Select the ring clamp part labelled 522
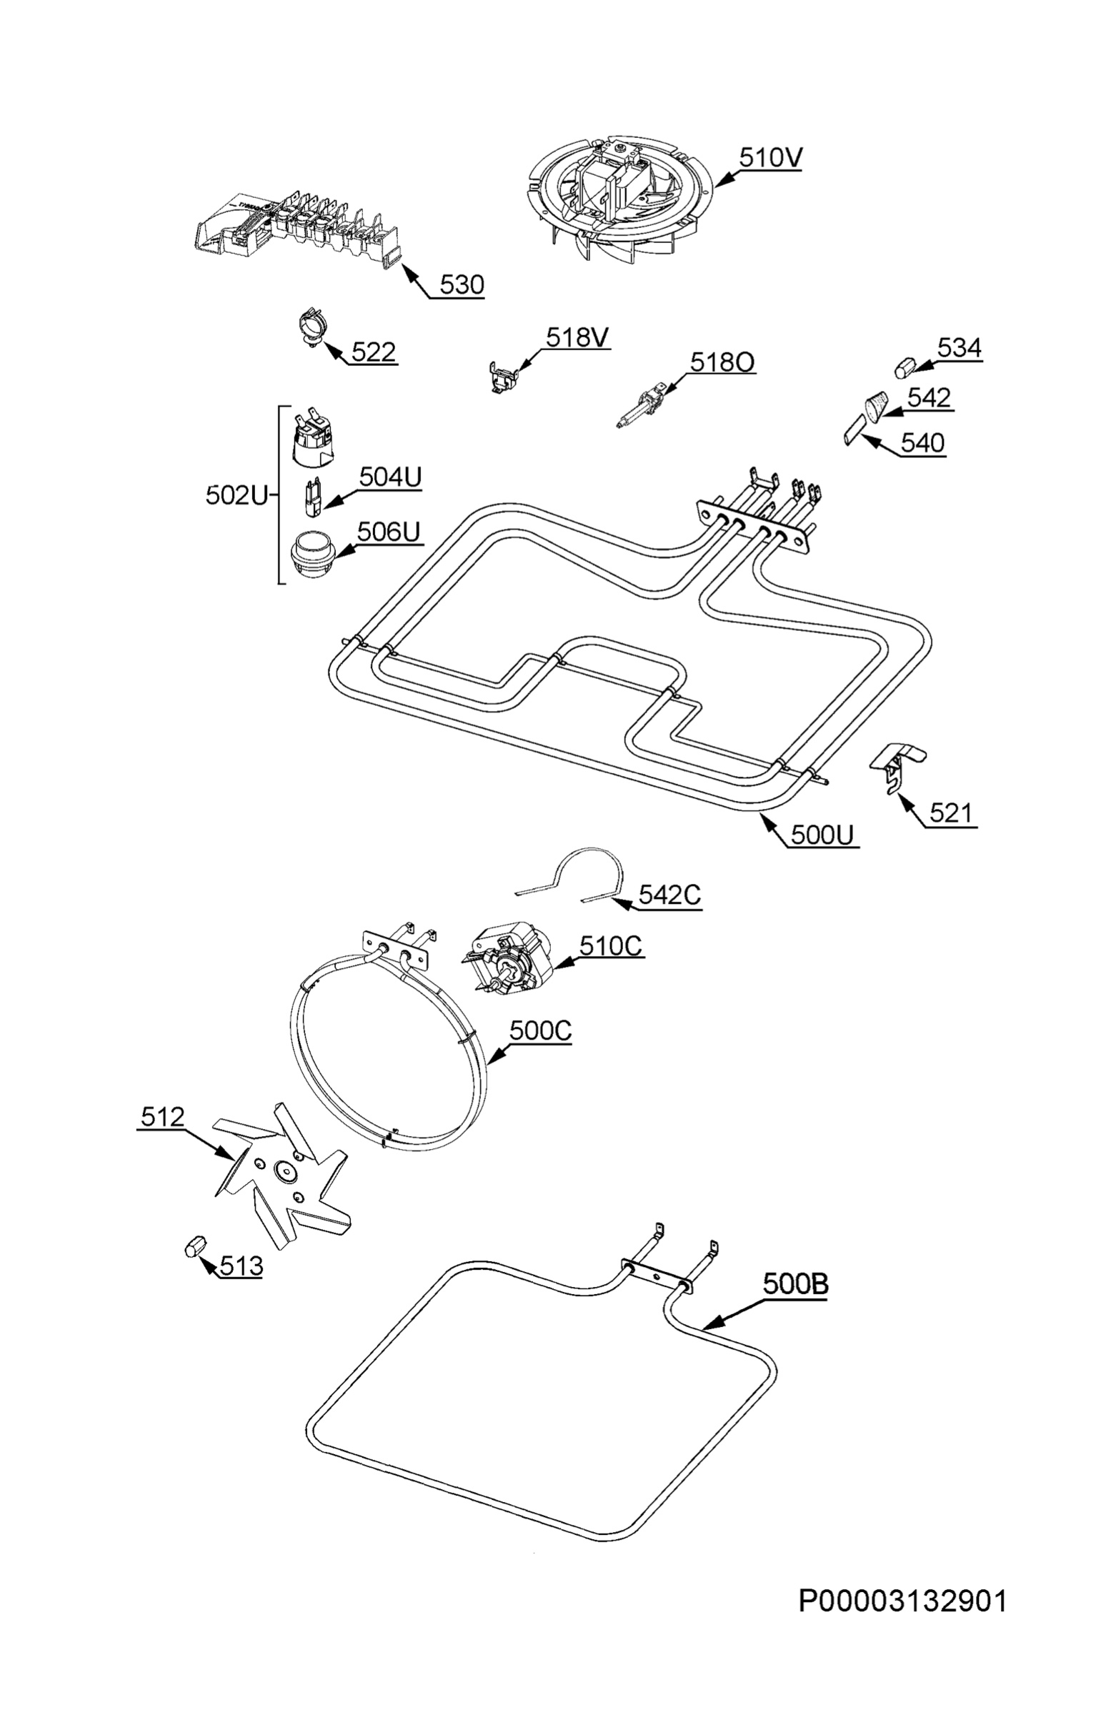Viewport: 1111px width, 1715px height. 312,327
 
